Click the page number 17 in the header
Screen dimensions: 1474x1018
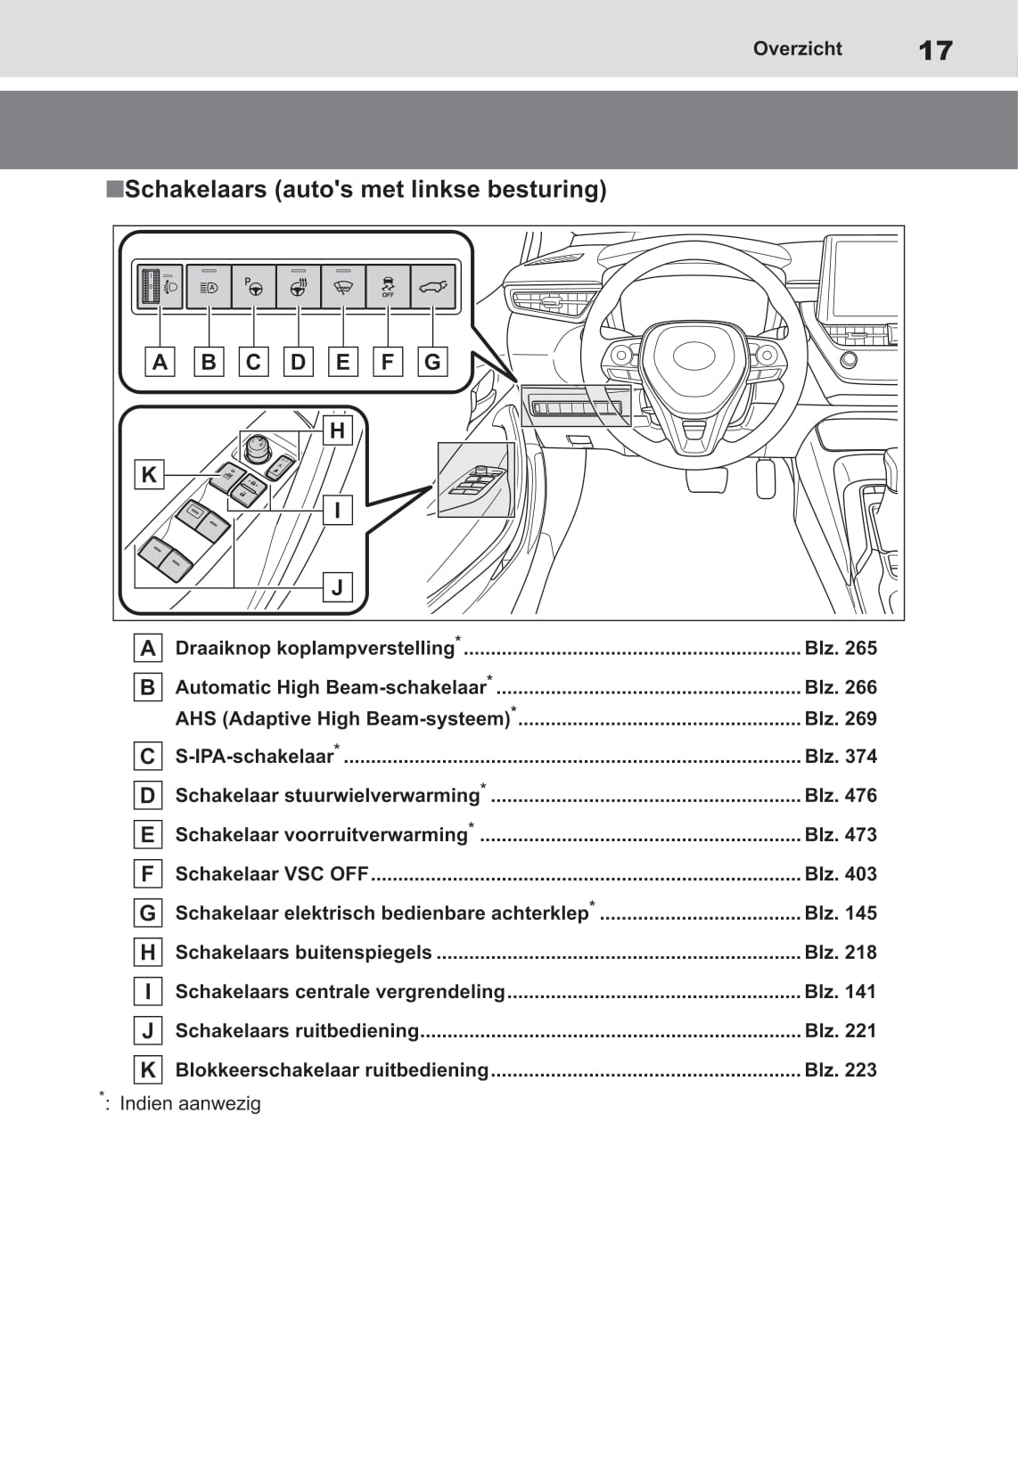935,50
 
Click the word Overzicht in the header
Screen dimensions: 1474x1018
797,49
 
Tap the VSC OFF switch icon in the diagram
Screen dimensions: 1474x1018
388,287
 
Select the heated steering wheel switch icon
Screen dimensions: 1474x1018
299,287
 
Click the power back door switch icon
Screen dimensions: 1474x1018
432,287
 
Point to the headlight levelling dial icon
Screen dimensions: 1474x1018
159,287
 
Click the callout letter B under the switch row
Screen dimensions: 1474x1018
209,362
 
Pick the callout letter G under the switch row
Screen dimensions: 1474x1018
432,362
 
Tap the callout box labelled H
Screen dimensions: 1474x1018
337,431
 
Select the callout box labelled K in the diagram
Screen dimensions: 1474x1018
149,474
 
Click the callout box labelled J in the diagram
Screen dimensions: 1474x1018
337,587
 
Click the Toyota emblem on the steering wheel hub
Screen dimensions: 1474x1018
694,356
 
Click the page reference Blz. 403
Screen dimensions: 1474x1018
840,874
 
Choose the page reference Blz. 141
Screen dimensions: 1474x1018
840,992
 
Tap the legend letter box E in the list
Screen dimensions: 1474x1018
148,835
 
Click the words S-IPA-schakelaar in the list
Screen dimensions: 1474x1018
254,757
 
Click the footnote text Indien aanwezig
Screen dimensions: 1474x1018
190,1103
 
